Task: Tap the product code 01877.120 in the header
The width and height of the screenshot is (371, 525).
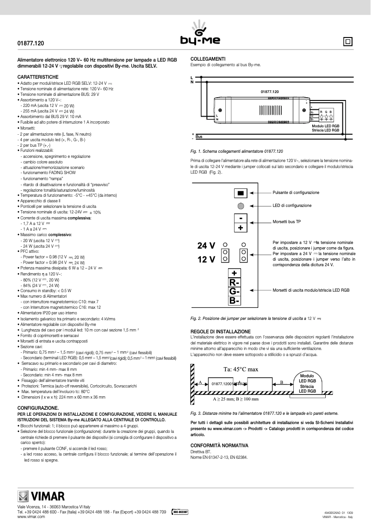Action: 31,43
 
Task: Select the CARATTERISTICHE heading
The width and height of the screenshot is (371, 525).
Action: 38,76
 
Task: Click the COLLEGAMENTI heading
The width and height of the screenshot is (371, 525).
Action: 208,59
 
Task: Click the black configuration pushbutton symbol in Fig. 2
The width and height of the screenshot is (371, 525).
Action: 240,193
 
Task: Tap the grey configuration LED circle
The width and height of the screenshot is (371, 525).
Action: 241,206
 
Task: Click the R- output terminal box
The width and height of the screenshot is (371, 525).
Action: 235,282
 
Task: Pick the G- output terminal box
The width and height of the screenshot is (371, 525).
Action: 235,292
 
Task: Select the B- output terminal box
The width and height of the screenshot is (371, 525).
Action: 235,301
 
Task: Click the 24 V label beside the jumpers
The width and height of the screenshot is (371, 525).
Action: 206,245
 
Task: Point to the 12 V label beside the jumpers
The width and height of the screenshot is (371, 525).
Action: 206,259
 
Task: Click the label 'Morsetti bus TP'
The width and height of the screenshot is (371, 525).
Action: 287,222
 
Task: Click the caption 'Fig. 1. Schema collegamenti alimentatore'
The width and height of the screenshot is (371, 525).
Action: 236,151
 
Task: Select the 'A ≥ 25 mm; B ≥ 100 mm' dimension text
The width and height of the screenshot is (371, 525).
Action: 235,398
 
